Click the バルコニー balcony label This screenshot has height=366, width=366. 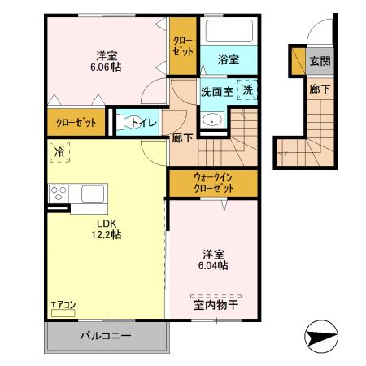click(105, 335)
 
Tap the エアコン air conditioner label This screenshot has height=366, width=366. click(63, 305)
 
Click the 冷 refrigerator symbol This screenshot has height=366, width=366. click(59, 151)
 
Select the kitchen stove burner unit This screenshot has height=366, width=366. click(59, 194)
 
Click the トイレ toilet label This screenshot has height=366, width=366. click(144, 123)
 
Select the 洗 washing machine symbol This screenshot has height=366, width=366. click(247, 91)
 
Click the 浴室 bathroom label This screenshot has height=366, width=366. click(229, 60)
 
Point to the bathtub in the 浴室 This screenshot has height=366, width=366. click(229, 32)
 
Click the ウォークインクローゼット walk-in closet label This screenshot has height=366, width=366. click(213, 181)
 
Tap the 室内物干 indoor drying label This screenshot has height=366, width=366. click(216, 306)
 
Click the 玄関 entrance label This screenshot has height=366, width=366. click(319, 61)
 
